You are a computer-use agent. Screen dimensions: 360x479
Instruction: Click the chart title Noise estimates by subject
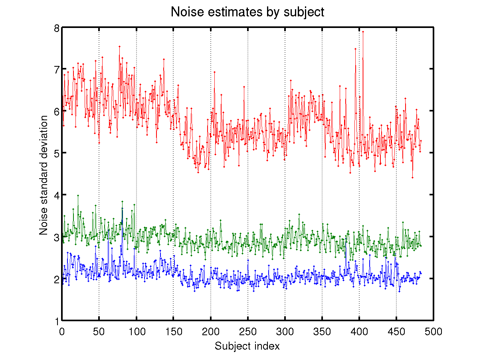click(x=247, y=12)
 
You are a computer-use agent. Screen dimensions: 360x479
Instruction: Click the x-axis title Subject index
click(x=247, y=346)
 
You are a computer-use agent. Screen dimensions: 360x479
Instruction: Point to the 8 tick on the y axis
click(x=57, y=28)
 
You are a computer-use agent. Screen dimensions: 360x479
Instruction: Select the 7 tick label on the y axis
click(x=57, y=70)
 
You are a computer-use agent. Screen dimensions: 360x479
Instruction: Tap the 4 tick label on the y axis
click(x=57, y=195)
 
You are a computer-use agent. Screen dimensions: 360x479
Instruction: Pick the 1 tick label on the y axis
click(x=57, y=320)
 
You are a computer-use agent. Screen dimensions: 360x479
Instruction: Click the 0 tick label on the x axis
click(x=62, y=331)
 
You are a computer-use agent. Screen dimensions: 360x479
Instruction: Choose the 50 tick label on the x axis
click(x=99, y=331)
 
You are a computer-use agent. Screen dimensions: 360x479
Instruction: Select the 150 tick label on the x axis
click(x=173, y=331)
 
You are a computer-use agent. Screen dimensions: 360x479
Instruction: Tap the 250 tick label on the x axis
click(x=247, y=331)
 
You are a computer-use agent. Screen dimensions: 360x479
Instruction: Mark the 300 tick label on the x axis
click(x=285, y=331)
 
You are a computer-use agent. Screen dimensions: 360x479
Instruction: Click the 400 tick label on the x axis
click(x=359, y=331)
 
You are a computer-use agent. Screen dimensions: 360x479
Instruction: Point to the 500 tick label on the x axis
click(x=433, y=331)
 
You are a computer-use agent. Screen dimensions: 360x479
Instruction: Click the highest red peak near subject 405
click(x=363, y=31)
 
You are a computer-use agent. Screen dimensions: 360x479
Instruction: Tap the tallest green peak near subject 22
click(x=78, y=195)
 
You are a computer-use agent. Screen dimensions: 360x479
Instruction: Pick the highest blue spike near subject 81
click(x=122, y=209)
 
